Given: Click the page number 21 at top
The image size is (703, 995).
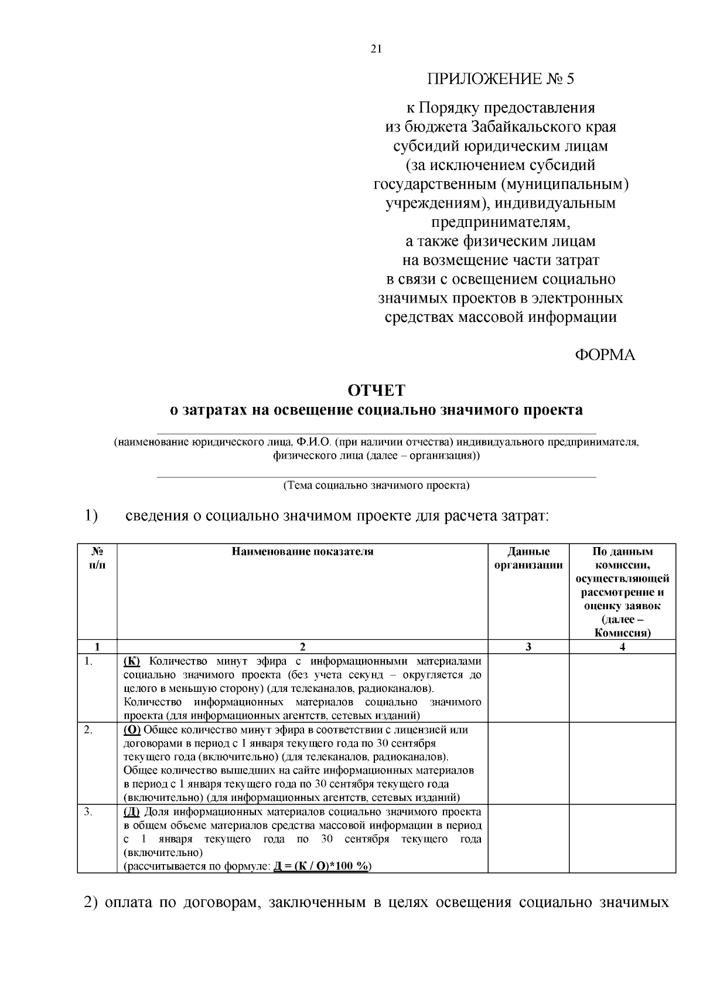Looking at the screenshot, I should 376,49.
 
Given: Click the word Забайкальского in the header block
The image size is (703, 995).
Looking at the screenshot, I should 529,127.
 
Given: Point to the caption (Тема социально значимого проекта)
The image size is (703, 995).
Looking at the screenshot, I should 376,485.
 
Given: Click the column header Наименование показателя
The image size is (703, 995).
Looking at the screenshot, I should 302,552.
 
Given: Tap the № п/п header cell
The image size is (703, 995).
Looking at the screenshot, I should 97,558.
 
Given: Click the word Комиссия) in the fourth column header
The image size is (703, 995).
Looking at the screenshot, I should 622,633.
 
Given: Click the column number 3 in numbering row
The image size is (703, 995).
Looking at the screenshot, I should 528,647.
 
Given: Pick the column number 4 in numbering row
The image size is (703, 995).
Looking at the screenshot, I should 622,647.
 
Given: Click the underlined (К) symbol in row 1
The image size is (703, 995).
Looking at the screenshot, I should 132,661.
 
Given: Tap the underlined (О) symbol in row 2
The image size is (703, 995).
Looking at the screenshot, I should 132,730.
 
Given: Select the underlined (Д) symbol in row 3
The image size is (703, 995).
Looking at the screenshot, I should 132,811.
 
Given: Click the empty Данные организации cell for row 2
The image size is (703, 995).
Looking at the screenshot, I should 528,763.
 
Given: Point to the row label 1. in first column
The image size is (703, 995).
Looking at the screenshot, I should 89,661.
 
